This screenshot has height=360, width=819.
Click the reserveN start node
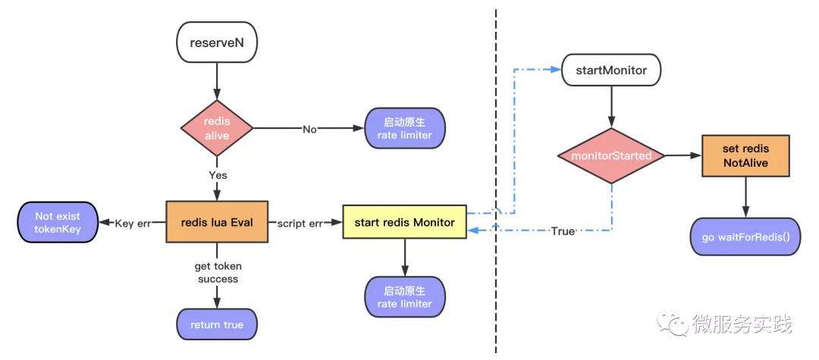click(217, 42)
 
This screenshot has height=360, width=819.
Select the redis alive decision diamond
click(217, 128)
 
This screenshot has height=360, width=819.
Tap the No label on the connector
click(309, 129)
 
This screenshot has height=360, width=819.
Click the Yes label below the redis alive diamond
click(218, 175)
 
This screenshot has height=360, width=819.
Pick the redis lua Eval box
click(217, 222)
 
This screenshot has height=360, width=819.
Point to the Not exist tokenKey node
click(58, 222)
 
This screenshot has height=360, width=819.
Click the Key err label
click(133, 224)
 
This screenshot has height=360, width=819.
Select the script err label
click(300, 224)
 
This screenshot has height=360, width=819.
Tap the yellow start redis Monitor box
click(404, 222)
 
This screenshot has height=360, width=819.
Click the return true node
click(217, 324)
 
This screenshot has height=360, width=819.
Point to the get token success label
click(218, 272)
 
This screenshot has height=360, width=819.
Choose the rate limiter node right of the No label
click(405, 128)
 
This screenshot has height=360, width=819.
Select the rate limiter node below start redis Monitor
click(405, 296)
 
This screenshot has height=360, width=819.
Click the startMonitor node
click(611, 70)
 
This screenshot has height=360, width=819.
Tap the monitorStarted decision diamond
click(611, 155)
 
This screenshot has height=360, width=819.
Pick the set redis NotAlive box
click(745, 155)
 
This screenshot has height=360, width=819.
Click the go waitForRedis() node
click(745, 237)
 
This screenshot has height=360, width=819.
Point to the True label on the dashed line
click(563, 230)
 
